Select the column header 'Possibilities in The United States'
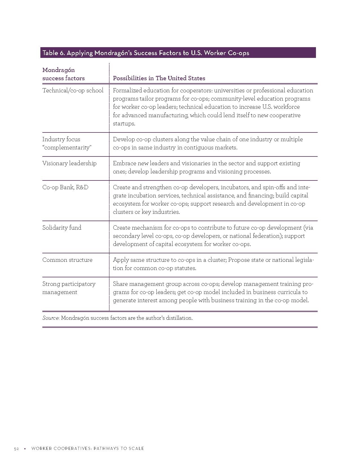click(x=159, y=78)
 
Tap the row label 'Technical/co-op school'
click(x=73, y=90)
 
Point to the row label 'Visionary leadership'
click(x=69, y=163)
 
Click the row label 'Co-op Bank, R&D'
click(x=65, y=187)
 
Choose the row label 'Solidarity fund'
click(x=62, y=228)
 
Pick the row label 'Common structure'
click(x=67, y=260)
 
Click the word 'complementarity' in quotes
click(x=67, y=147)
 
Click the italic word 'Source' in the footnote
click(x=51, y=318)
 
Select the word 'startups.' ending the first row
click(x=124, y=123)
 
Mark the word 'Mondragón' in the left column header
click(x=58, y=70)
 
